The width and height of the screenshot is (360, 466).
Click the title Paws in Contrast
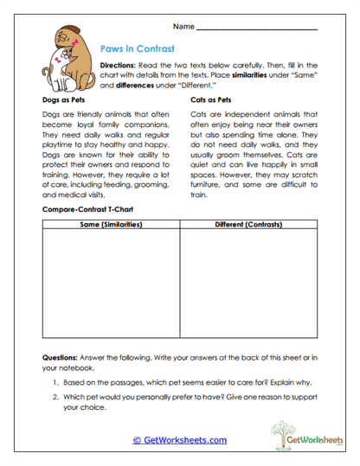(x=138, y=48)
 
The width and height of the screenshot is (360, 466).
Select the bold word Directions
(x=121, y=65)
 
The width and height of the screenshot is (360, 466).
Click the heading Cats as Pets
(x=210, y=100)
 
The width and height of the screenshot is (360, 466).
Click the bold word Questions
(x=61, y=358)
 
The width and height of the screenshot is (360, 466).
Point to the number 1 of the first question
(x=55, y=382)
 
